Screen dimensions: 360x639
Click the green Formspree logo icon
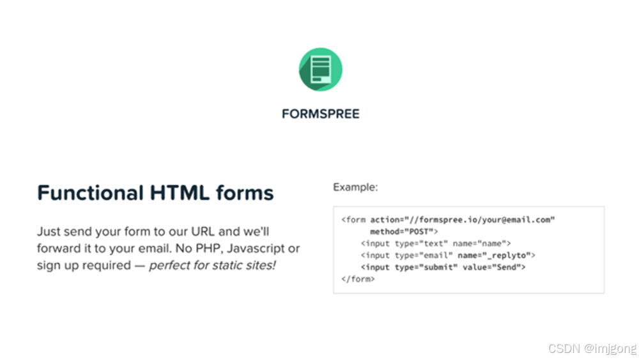coord(320,69)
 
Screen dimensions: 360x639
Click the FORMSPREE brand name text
coord(320,114)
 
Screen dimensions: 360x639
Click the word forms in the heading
coord(245,192)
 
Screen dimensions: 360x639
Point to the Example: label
coord(355,187)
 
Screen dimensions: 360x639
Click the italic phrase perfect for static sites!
coord(212,264)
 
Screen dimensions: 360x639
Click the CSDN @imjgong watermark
coord(592,348)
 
